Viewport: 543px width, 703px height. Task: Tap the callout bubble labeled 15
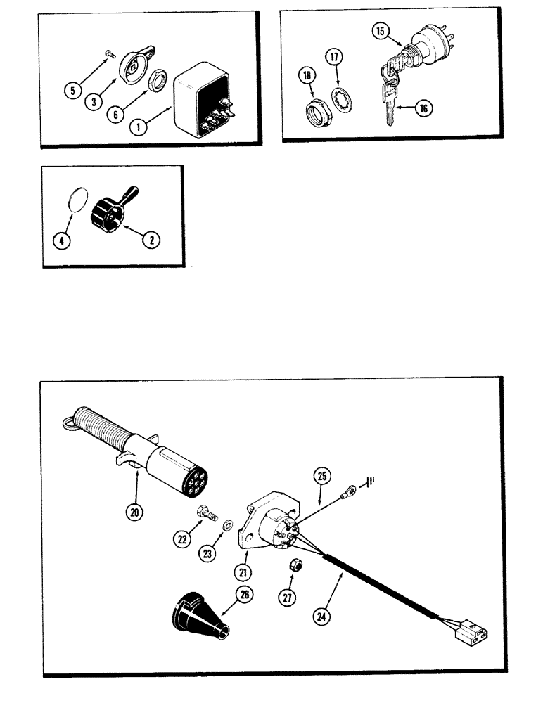(x=379, y=31)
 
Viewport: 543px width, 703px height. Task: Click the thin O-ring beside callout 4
(x=79, y=199)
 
